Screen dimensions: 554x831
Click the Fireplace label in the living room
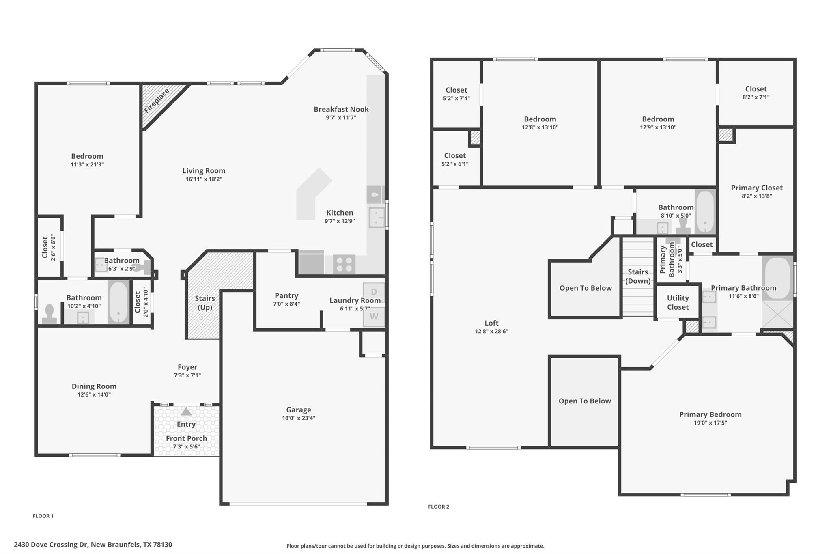[157, 101]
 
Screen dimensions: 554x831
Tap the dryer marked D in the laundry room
[374, 292]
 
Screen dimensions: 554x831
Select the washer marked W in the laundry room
[374, 316]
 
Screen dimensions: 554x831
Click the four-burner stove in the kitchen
[344, 264]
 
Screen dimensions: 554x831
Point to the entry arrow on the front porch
[186, 412]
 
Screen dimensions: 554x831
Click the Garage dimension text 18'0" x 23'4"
[299, 418]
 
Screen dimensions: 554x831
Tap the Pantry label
[286, 296]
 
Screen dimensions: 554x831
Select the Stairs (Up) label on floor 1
[205, 303]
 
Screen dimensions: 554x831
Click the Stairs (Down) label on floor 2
[638, 276]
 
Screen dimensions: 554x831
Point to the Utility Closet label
[678, 302]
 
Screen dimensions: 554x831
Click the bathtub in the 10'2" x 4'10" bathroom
[118, 302]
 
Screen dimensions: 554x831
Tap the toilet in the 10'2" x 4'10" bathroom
[50, 314]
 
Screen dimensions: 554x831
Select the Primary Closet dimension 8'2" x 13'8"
[757, 196]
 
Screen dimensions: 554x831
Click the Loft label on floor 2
[491, 323]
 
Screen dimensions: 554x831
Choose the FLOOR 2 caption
[439, 507]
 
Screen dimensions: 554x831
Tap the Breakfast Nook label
[341, 109]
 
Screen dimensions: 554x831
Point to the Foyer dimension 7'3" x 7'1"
[187, 375]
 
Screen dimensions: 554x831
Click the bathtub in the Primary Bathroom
[777, 278]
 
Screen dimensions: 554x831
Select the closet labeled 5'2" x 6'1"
[455, 160]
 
